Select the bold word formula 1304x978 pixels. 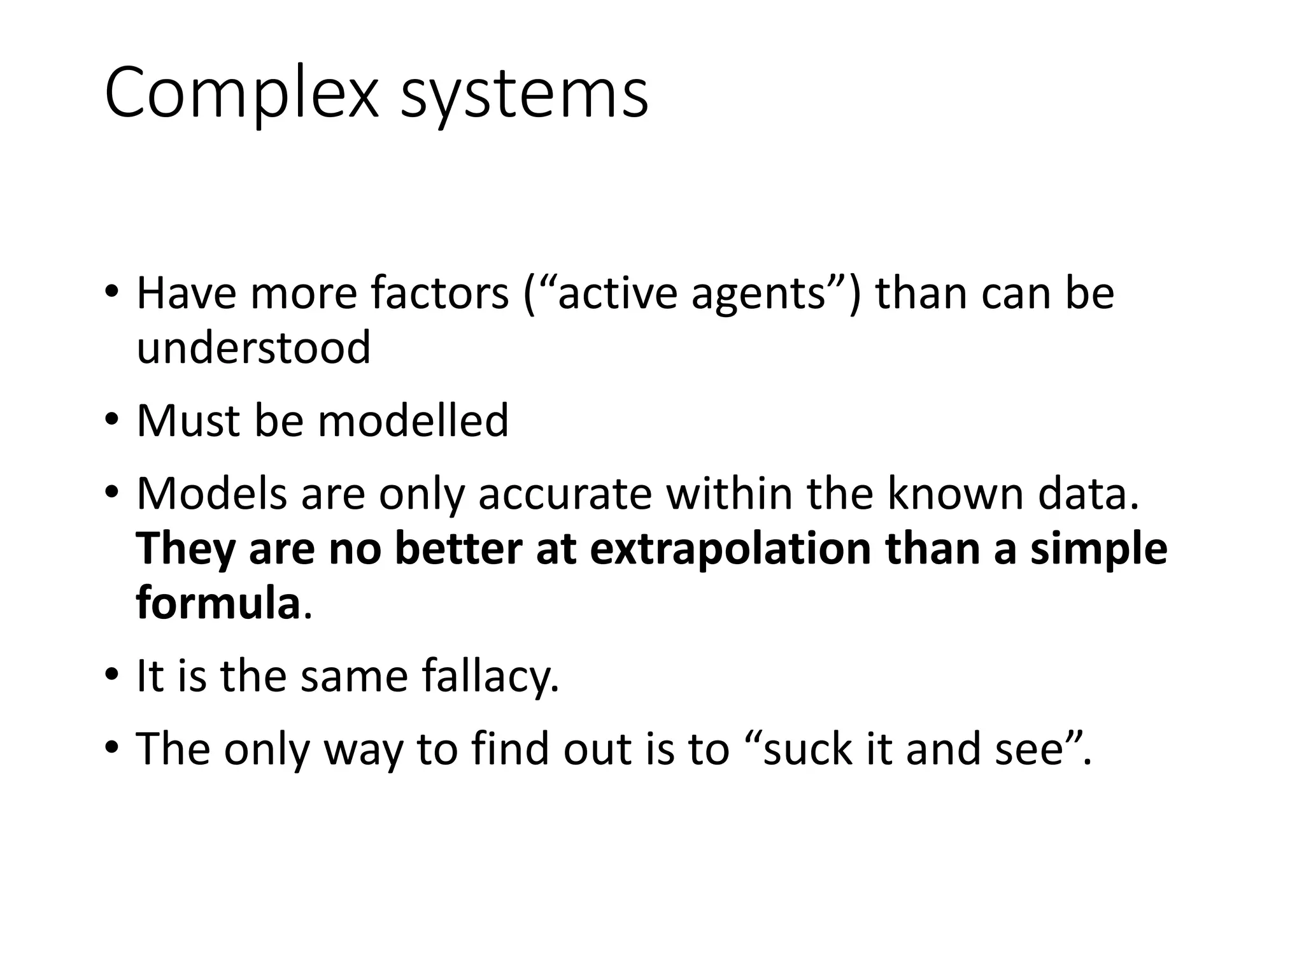click(x=218, y=603)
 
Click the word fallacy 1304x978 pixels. click(x=490, y=676)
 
